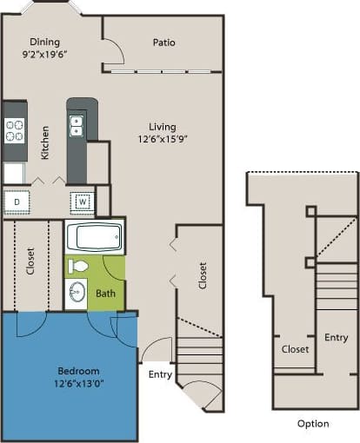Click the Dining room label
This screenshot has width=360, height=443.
pos(43,41)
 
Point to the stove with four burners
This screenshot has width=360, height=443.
pos(15,130)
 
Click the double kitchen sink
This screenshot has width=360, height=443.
pos(77,127)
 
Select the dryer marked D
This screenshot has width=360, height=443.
pos(16,202)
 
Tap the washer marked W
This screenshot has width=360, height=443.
pos(82,202)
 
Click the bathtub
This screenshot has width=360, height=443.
pos(95,238)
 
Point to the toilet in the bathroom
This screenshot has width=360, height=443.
pos(79,266)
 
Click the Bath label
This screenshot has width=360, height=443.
pos(106,294)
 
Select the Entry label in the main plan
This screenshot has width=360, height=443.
pos(160,375)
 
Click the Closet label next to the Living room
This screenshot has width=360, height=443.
pos(203,276)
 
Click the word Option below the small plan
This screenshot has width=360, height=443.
pos(312,424)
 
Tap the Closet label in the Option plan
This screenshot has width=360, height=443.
pos(296,349)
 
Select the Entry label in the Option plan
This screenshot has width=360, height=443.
pos(336,337)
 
